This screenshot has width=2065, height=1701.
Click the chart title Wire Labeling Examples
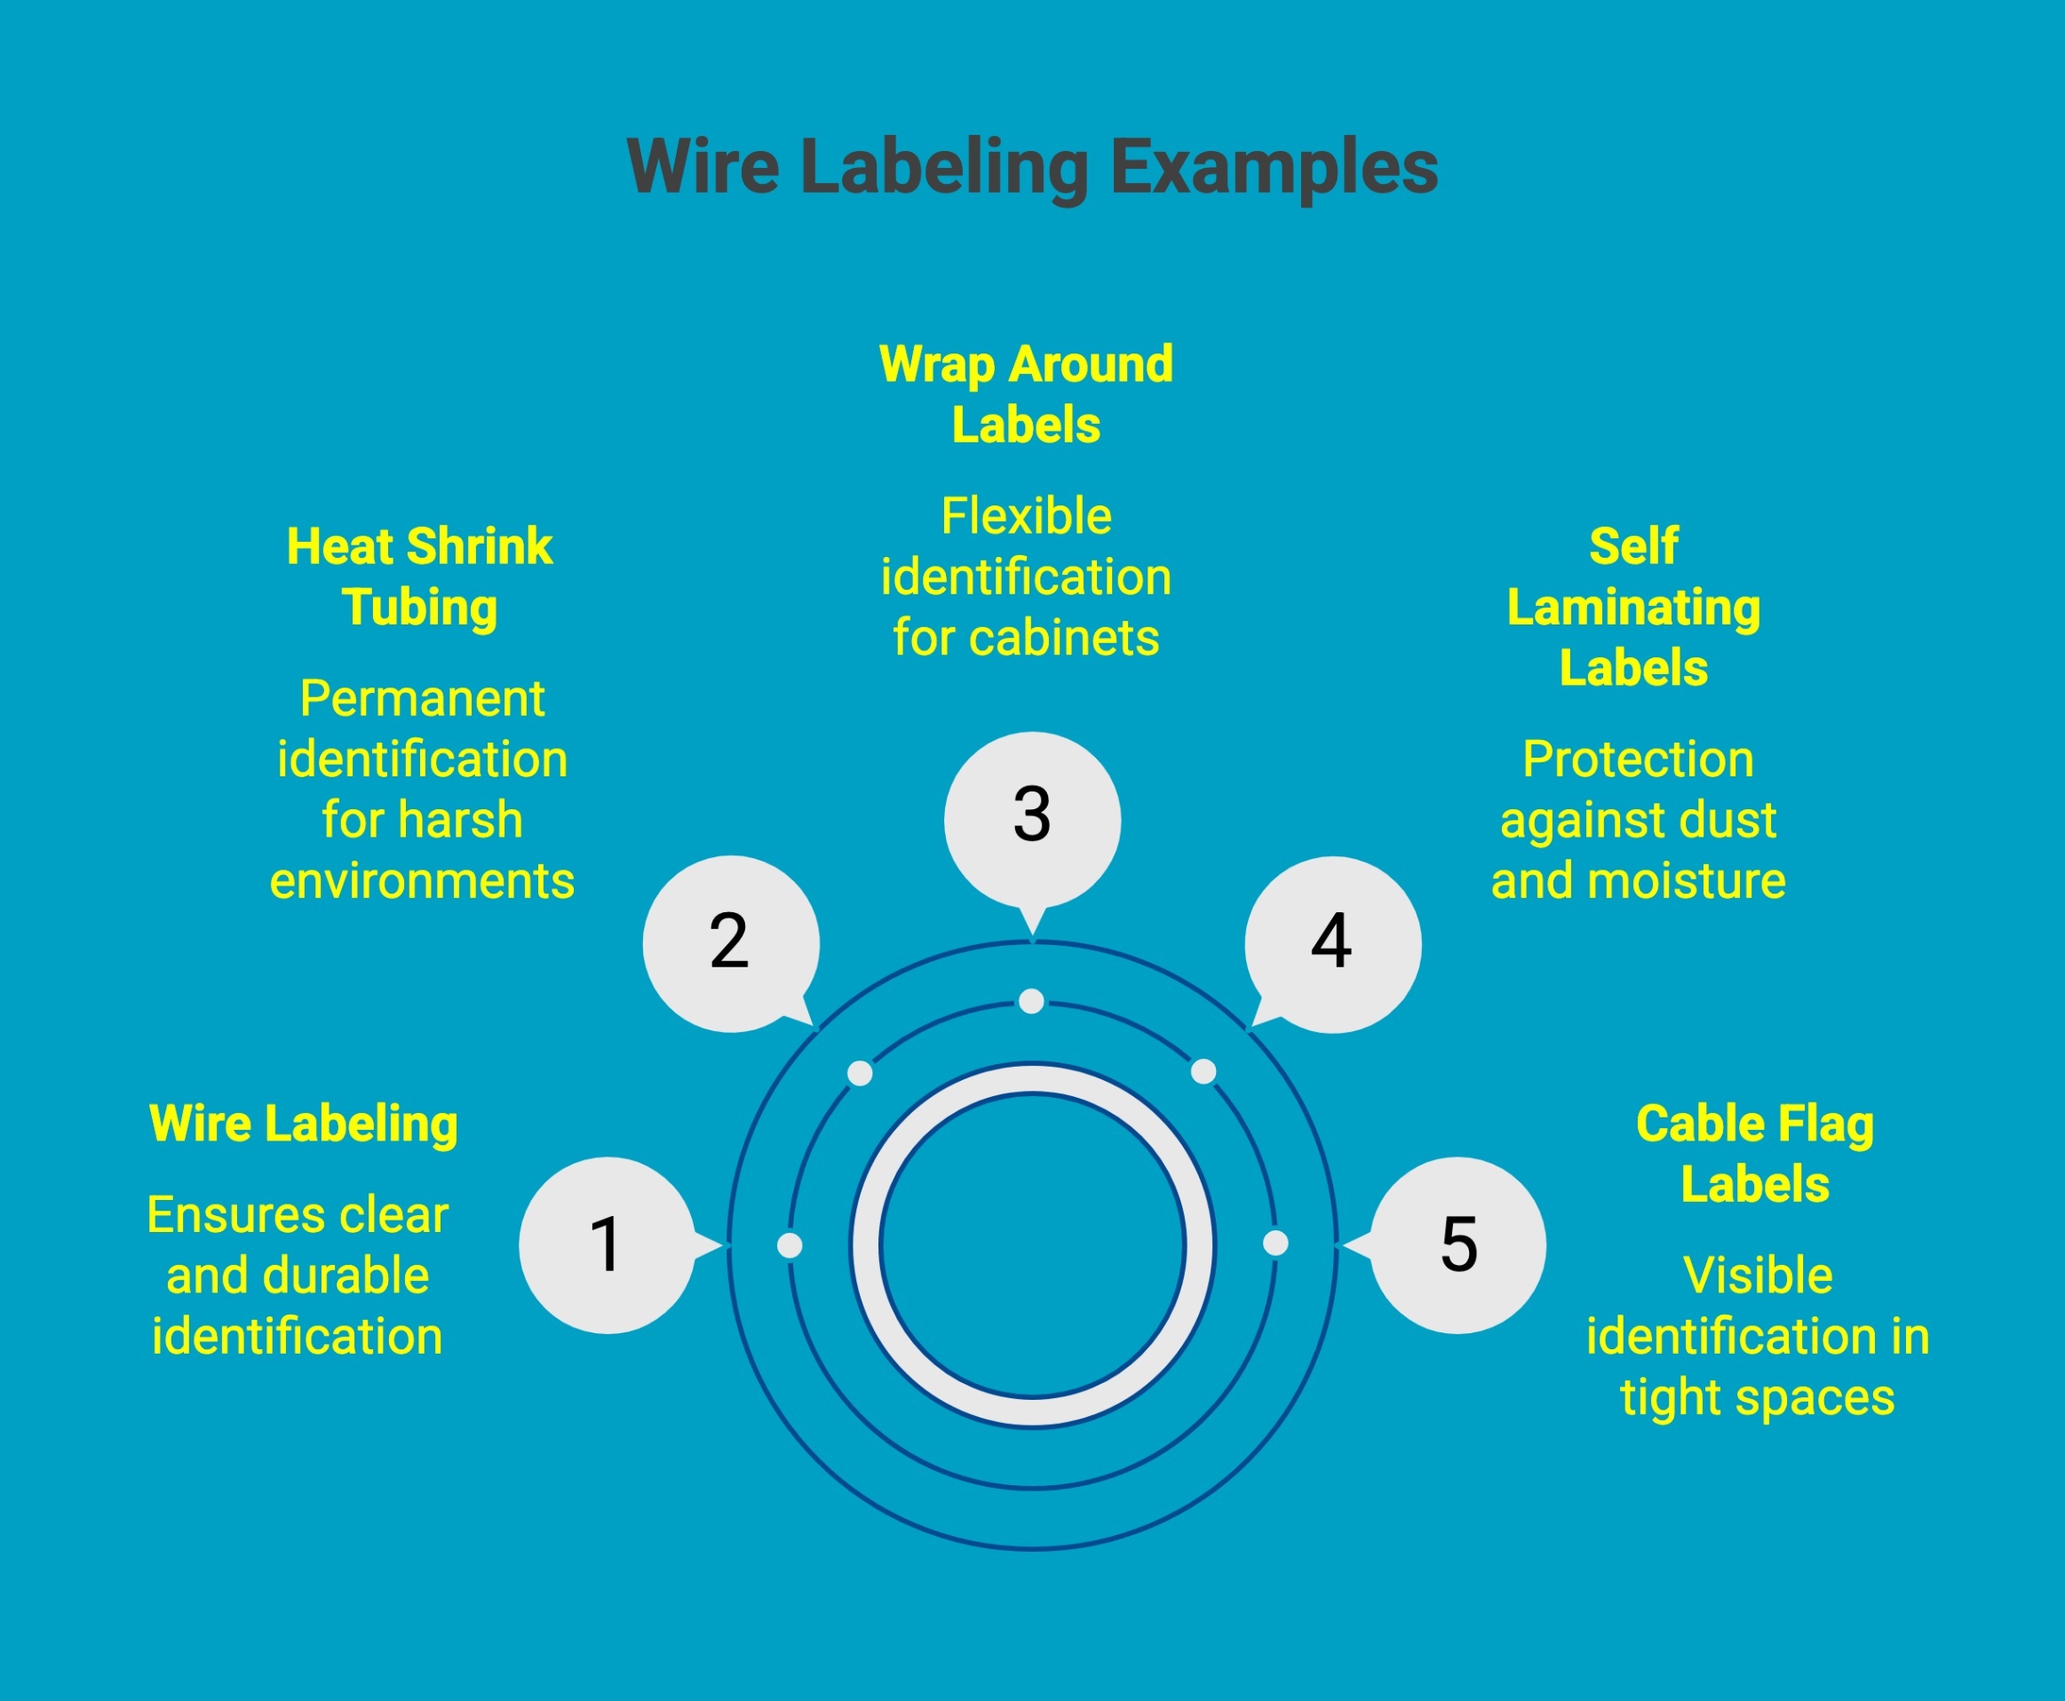1031,167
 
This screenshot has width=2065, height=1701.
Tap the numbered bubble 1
608,1245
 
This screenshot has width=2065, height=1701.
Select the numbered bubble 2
730,942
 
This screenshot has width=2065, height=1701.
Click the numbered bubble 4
1332,943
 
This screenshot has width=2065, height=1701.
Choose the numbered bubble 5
1457,1245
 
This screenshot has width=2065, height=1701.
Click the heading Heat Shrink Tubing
419,576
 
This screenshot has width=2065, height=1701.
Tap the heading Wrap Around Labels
1026,393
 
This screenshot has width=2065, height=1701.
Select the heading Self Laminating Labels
1633,607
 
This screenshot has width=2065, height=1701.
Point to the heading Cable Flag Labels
1754,1153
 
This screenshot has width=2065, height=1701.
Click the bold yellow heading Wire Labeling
304,1123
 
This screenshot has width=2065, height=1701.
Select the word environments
422,881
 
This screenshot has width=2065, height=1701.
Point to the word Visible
1758,1276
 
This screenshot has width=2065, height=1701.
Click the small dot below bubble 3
1030,1001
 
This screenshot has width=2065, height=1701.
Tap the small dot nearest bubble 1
790,1245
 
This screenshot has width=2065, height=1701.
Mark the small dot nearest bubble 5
1275,1244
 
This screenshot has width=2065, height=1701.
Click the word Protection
1638,759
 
